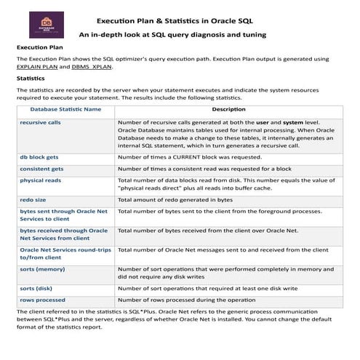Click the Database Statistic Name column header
pyautogui.click(x=65, y=109)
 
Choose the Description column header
pyautogui.click(x=228, y=109)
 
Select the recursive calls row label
pyautogui.click(x=41, y=123)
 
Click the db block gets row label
pyautogui.click(x=40, y=156)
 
